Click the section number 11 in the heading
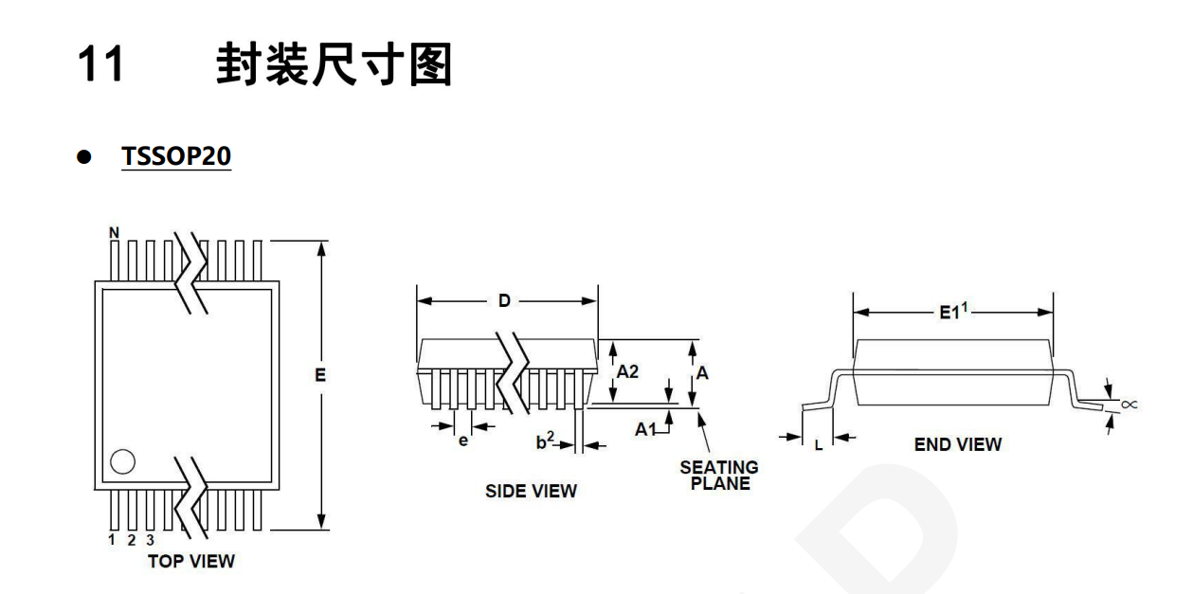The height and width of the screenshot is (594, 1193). pyautogui.click(x=99, y=67)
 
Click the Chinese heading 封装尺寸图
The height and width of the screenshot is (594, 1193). pyautogui.click(x=333, y=67)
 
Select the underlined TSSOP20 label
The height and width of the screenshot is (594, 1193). pyautogui.click(x=176, y=157)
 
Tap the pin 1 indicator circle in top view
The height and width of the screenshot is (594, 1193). pyautogui.click(x=122, y=462)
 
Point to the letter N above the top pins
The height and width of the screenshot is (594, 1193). pyautogui.click(x=115, y=231)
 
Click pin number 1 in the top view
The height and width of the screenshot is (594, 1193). pyautogui.click(x=111, y=540)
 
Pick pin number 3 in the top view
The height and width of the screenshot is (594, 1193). pyautogui.click(x=147, y=540)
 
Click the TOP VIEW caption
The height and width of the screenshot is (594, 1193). pyautogui.click(x=190, y=561)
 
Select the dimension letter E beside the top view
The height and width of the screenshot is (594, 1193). pyautogui.click(x=320, y=375)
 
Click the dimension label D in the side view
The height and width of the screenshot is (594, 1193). pyautogui.click(x=504, y=301)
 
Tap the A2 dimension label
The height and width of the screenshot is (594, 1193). pyautogui.click(x=628, y=372)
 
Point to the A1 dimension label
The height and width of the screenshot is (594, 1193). pyautogui.click(x=646, y=429)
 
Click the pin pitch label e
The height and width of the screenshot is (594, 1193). pyautogui.click(x=463, y=441)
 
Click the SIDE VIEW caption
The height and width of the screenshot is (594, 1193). pyautogui.click(x=531, y=491)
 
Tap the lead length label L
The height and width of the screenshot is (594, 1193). pyautogui.click(x=819, y=441)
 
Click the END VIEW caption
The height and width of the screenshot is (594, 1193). pyautogui.click(x=958, y=443)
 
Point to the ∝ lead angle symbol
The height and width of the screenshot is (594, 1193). pyautogui.click(x=1128, y=405)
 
